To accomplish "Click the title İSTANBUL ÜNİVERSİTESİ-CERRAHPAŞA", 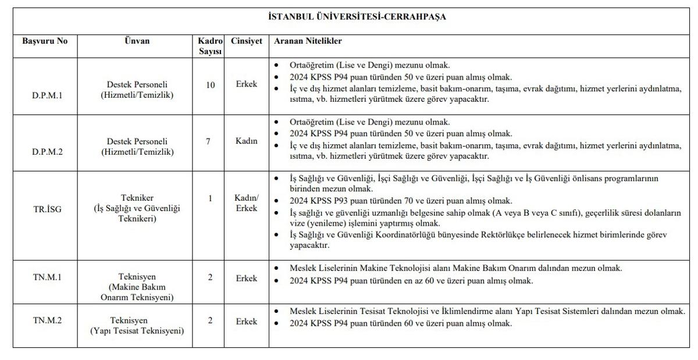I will point(357,17).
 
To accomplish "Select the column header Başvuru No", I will point(45,42).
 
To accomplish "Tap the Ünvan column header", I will point(137,42).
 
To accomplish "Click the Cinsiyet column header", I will point(246,42).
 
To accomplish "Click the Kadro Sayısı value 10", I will point(210,85).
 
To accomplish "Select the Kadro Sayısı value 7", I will point(208,141).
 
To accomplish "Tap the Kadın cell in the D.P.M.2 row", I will point(246,141).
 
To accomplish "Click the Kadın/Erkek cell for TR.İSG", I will point(246,204).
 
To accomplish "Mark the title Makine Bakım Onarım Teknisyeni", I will point(137,293).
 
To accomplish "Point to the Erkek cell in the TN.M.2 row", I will point(246,321).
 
